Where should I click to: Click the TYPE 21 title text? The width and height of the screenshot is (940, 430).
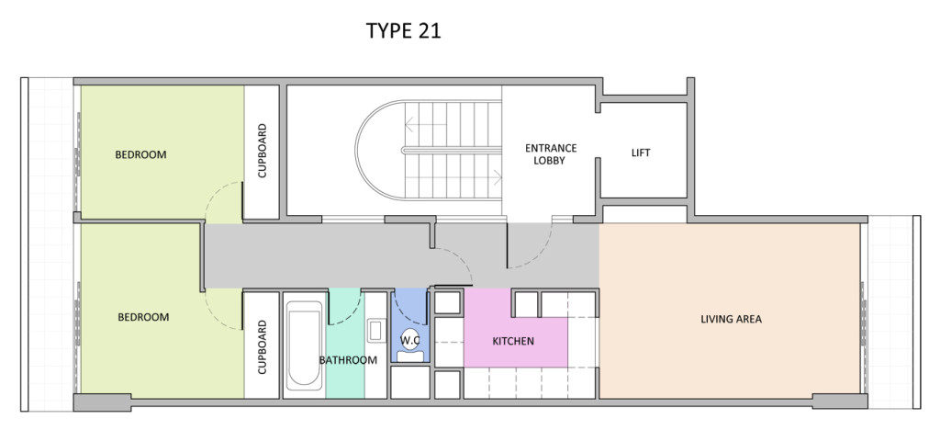(404, 31)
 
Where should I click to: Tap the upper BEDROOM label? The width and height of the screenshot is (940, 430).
(140, 154)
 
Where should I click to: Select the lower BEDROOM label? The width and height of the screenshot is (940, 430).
(143, 317)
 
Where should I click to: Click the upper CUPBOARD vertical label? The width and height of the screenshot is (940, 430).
(262, 152)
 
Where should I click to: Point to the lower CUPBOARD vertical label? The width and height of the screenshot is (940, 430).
(262, 347)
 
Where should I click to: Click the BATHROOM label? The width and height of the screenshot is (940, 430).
(348, 359)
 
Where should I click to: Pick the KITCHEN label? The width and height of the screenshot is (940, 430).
(513, 341)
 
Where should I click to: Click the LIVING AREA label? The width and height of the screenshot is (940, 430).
(731, 319)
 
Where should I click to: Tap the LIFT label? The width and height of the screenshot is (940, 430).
(641, 153)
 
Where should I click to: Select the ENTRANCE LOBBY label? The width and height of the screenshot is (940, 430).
(550, 153)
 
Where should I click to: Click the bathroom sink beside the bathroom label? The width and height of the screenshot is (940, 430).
(375, 328)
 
